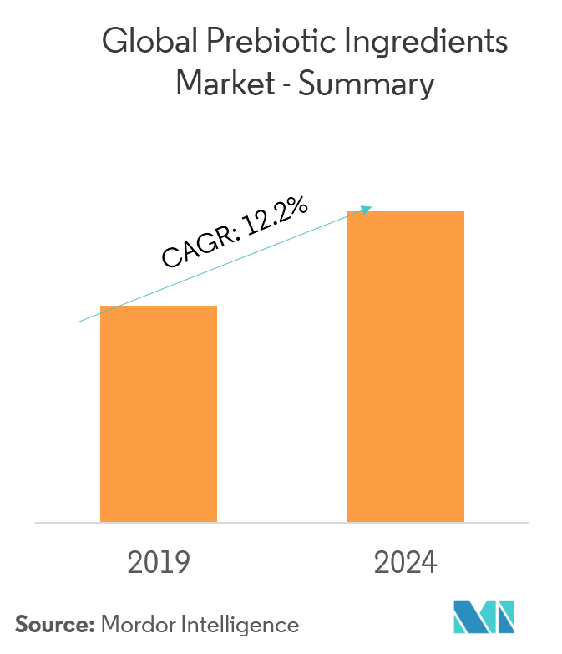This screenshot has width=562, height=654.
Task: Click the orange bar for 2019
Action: click(159, 414)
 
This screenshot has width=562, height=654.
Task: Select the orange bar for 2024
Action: click(405, 367)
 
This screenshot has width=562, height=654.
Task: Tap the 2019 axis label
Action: click(159, 563)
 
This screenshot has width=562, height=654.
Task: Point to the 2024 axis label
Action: click(406, 563)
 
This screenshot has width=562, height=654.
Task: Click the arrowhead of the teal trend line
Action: click(367, 209)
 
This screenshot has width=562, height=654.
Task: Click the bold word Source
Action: click(51, 624)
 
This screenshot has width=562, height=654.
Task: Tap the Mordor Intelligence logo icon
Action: click(484, 616)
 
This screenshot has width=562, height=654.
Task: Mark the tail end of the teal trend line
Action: click(79, 321)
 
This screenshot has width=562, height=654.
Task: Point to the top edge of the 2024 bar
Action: click(405, 212)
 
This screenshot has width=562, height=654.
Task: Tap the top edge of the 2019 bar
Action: click(159, 307)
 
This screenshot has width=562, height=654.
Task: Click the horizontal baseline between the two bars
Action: click(281, 523)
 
